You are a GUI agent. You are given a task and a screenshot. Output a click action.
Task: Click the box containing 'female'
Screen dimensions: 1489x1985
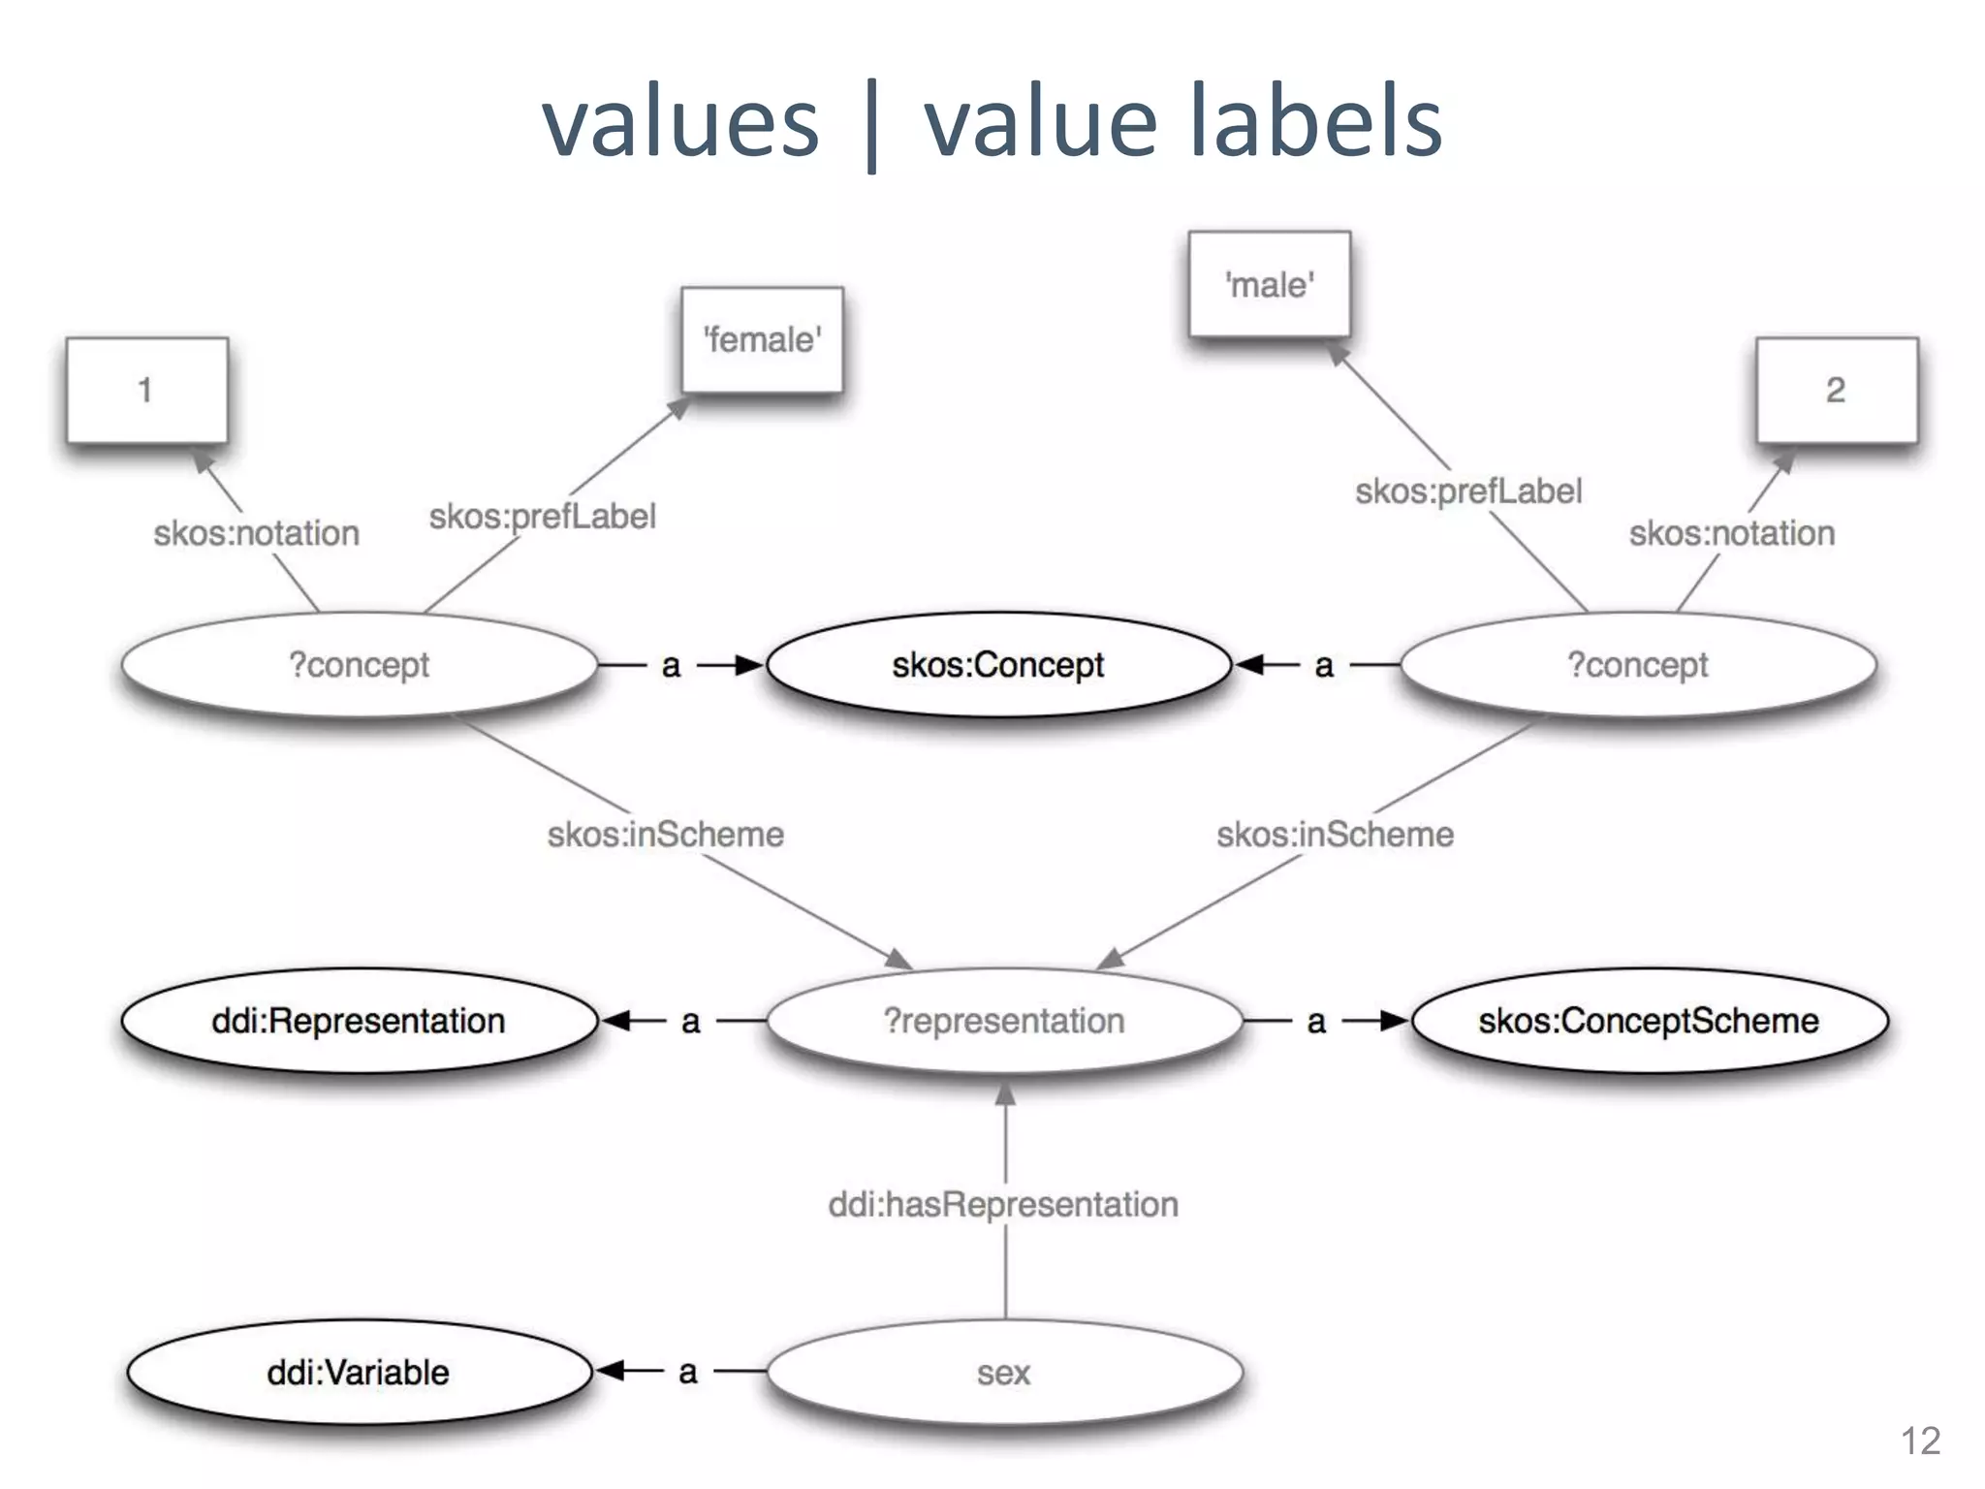pyautogui.click(x=762, y=340)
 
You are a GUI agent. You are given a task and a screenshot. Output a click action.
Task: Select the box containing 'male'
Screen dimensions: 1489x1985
pyautogui.click(x=1269, y=285)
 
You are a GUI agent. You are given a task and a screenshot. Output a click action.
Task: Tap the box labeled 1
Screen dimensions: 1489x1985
pyautogui.click(x=146, y=391)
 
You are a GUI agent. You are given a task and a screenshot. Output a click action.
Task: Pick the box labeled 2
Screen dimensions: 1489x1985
pyautogui.click(x=1836, y=391)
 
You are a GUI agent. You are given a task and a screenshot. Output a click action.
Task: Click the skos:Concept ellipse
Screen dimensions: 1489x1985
pyautogui.click(x=997, y=665)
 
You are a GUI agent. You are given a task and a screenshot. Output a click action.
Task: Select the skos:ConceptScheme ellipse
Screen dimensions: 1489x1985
pyautogui.click(x=1649, y=1021)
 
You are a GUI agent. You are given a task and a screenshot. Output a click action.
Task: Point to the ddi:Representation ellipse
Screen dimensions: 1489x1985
pyautogui.click(x=359, y=1021)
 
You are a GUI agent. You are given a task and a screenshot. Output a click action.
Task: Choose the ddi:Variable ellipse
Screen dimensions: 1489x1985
pyautogui.click(x=359, y=1373)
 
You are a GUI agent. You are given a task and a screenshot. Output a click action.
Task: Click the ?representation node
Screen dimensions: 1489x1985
pyautogui.click(x=1004, y=1021)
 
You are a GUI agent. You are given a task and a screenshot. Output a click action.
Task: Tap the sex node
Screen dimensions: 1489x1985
pyautogui.click(x=1004, y=1373)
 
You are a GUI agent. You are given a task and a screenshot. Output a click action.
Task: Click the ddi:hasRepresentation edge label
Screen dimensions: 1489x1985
pyautogui.click(x=1003, y=1205)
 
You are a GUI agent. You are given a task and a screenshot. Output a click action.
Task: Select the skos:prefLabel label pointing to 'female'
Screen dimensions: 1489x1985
pyautogui.click(x=543, y=517)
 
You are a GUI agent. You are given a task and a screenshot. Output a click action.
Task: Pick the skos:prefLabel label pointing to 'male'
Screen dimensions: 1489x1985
pyautogui.click(x=1468, y=491)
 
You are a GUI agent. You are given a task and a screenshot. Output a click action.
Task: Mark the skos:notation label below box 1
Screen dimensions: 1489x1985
pyautogui.click(x=257, y=533)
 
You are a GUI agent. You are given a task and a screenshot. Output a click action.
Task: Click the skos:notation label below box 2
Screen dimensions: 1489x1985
pyautogui.click(x=1732, y=533)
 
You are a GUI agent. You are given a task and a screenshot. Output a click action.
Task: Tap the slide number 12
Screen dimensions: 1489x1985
pyautogui.click(x=1920, y=1441)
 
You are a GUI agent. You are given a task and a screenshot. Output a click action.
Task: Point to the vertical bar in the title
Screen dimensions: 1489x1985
pyautogui.click(x=871, y=126)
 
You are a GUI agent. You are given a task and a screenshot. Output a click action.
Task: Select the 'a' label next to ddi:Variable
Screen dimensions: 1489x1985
pyautogui.click(x=688, y=1373)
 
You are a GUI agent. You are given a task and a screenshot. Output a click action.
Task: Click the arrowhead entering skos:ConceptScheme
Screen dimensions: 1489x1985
pyautogui.click(x=1395, y=1021)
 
